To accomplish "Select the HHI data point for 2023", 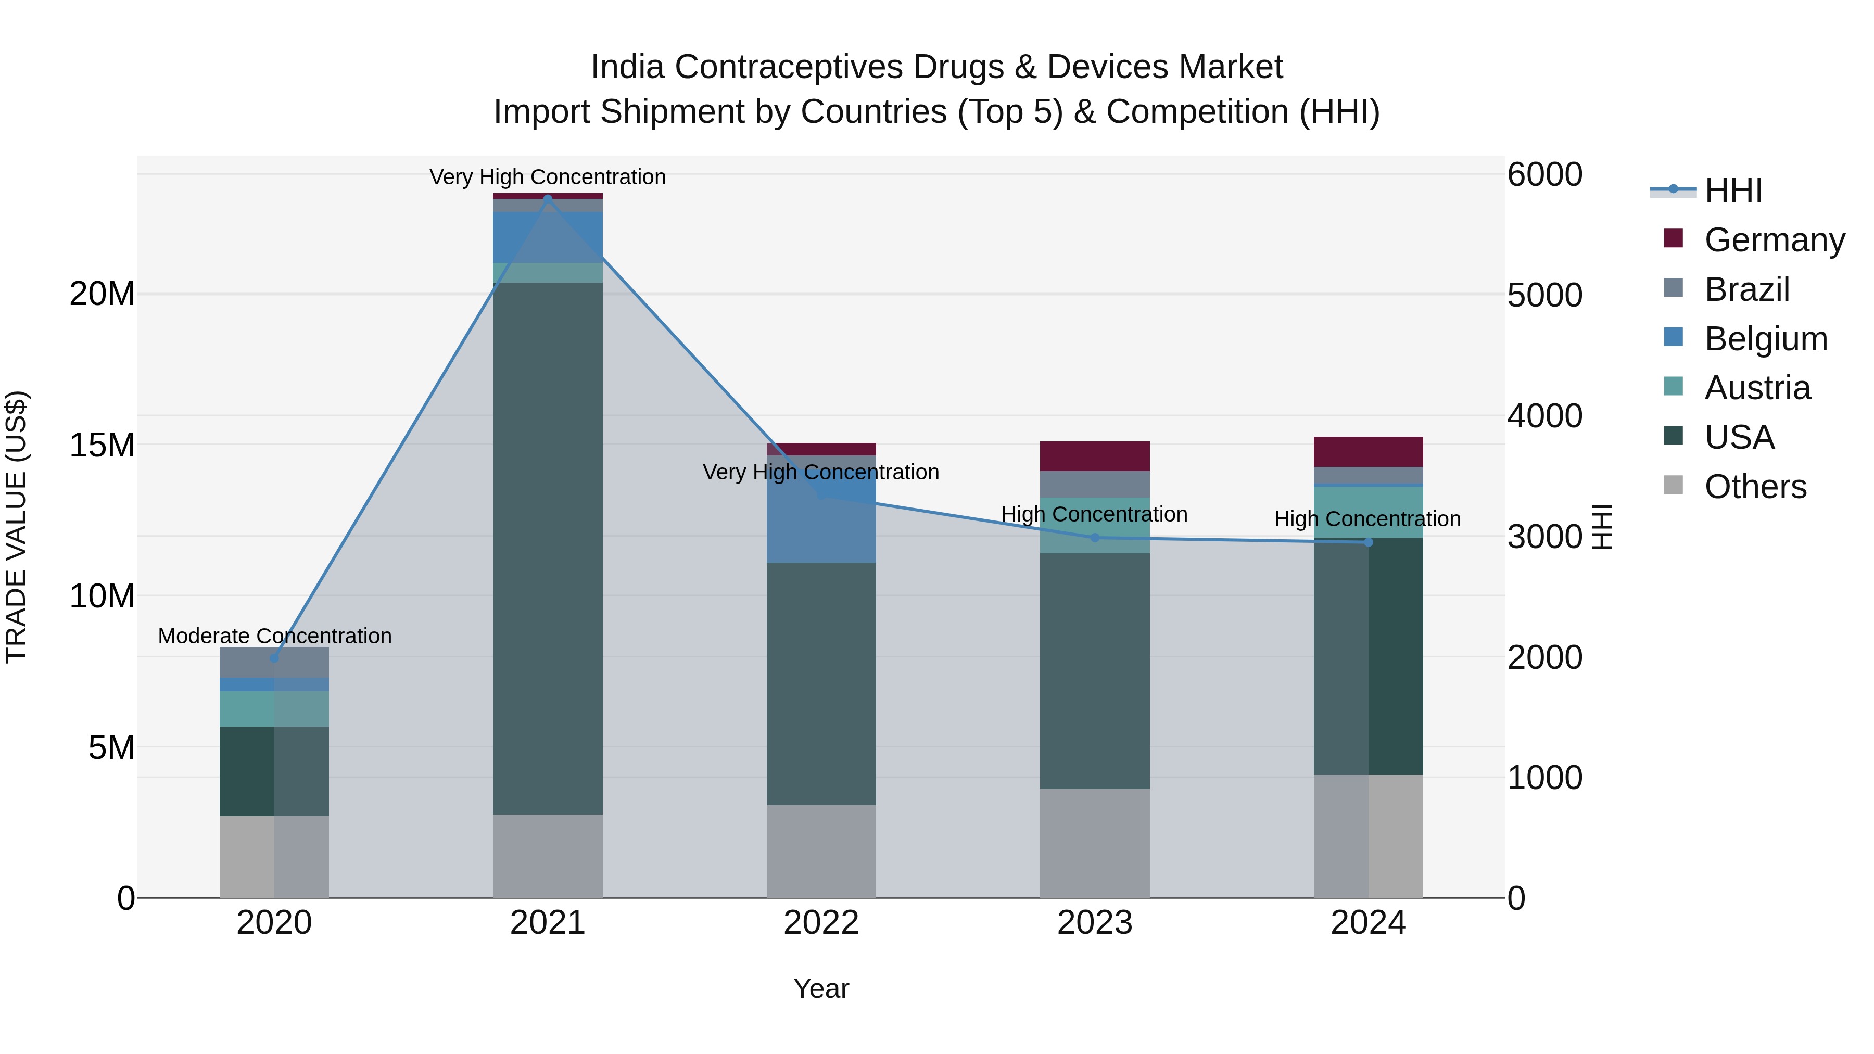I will click(1095, 538).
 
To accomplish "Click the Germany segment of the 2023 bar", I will click(1095, 456).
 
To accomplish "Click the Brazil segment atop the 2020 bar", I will click(274, 662).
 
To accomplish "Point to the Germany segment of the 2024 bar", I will click(1369, 452).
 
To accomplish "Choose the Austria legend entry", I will click(1757, 388).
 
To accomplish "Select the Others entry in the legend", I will click(1755, 487).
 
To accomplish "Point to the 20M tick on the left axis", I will click(102, 295).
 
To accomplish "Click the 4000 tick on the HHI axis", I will click(1544, 416).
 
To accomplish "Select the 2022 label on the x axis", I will click(821, 923).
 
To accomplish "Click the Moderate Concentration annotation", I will click(274, 636).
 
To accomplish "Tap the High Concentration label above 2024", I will click(1367, 519).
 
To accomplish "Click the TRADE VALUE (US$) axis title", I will click(16, 527).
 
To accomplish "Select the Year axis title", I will click(821, 988).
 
